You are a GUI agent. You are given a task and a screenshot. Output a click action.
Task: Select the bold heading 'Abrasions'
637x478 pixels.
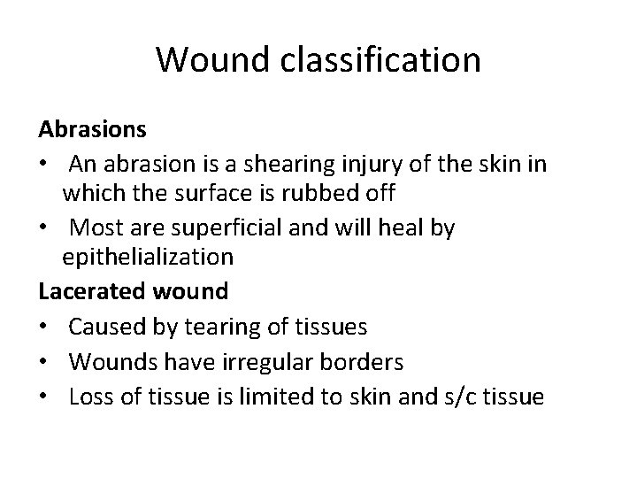point(93,129)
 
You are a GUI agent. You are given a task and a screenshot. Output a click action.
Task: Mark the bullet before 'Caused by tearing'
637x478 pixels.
point(44,328)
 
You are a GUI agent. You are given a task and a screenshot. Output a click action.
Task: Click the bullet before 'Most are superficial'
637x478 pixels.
point(44,228)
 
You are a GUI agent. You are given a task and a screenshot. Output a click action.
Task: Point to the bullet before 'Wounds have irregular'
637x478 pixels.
point(44,363)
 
